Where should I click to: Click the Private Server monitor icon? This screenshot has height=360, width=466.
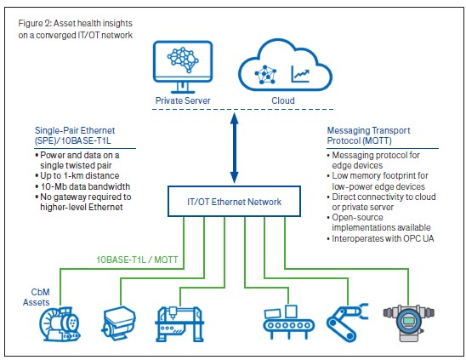tap(183, 66)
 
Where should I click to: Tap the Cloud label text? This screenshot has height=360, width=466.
tap(283, 100)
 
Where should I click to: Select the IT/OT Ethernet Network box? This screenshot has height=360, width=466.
tap(234, 202)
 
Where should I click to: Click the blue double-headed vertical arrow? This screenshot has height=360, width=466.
tap(235, 148)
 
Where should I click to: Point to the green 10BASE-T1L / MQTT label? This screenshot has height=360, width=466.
tap(137, 260)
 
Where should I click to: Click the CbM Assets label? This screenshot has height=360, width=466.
tap(37, 297)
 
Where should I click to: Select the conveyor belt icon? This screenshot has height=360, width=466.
tap(288, 323)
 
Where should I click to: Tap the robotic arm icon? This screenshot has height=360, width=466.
tap(347, 323)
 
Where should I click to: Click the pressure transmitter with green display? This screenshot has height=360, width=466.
tap(409, 323)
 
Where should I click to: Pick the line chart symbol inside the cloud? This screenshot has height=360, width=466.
tap(300, 74)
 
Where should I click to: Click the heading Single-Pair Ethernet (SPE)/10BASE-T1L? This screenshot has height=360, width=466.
tap(75, 135)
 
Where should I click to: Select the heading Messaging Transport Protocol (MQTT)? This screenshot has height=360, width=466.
tap(368, 135)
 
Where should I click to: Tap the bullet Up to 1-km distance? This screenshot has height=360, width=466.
tap(77, 175)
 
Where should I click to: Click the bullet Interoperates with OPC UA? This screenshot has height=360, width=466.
tap(380, 238)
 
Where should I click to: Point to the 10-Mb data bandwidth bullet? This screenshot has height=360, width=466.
tap(82, 186)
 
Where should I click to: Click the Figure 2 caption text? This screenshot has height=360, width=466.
tap(76, 29)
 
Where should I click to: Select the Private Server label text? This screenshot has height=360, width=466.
tap(183, 100)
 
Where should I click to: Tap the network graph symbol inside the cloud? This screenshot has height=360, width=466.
tap(265, 75)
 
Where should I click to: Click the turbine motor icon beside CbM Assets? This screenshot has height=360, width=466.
tap(60, 324)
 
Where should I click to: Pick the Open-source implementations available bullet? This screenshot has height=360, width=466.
tap(379, 222)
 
